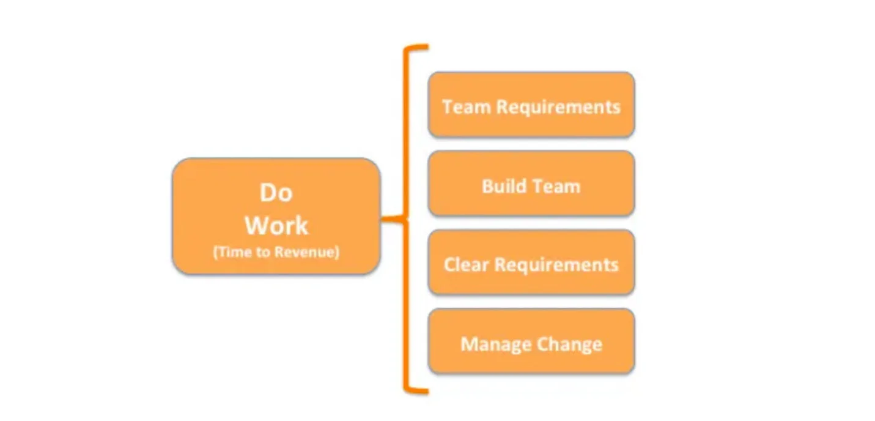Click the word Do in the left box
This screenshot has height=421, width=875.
coord(276,193)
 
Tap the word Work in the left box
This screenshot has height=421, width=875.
coord(276,226)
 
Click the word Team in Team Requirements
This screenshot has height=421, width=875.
coord(467,106)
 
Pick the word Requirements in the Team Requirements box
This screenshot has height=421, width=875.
coord(558,106)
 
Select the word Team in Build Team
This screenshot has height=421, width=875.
coord(555,186)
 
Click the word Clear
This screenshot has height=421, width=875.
coord(467,265)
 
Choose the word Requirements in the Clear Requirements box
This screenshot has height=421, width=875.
coord(556,265)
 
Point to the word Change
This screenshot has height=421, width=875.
coord(570,344)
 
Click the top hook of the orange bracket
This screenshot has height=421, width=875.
coord(416,47)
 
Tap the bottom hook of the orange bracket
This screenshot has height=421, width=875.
coord(416,390)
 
